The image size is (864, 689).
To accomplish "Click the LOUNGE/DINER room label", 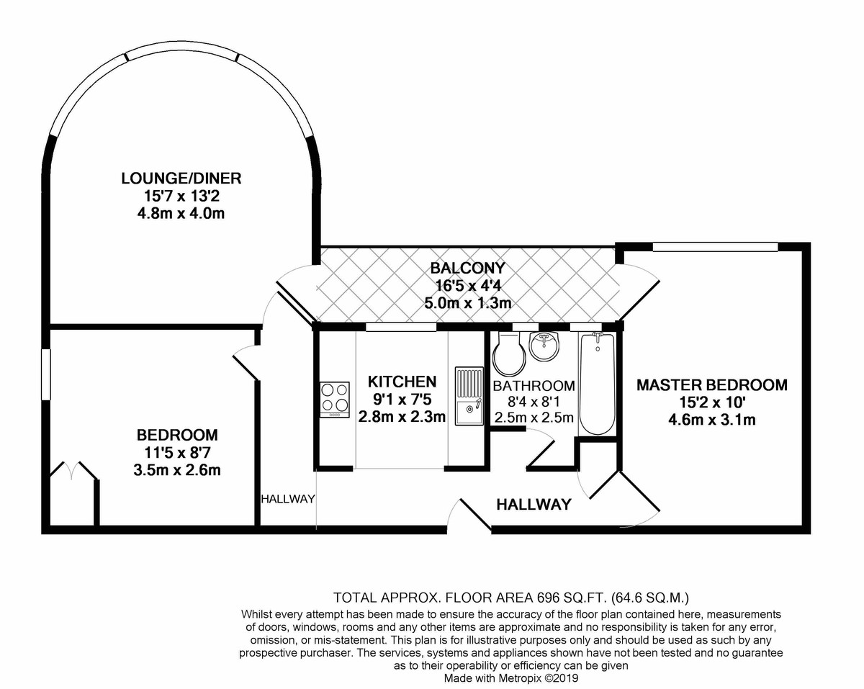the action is (x=181, y=179).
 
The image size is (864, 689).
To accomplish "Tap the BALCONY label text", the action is (x=467, y=268).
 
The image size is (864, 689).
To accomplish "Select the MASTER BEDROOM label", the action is (x=712, y=385).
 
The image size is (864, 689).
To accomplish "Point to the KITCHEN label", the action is (x=402, y=382).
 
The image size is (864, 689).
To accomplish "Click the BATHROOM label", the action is (x=534, y=386).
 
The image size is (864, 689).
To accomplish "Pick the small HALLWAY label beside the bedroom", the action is (x=288, y=499).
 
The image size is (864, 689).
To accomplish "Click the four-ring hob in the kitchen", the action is (x=334, y=400).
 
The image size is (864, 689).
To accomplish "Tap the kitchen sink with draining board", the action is (x=469, y=396).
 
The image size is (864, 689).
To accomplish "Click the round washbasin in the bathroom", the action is (x=544, y=346).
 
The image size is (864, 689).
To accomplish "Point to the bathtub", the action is (x=597, y=384).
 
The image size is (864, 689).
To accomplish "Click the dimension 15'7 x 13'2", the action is (x=181, y=197).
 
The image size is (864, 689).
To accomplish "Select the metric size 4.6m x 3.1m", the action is (x=712, y=420).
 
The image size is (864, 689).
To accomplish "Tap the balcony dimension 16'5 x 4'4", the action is (x=468, y=286).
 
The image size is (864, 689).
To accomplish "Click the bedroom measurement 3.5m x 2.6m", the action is (x=177, y=469).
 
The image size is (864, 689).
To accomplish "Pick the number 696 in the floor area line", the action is (x=548, y=598).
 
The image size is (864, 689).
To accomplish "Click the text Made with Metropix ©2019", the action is (x=510, y=678).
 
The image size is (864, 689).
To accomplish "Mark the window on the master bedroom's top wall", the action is (x=715, y=246).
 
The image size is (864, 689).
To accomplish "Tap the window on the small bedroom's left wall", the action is (x=47, y=374).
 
